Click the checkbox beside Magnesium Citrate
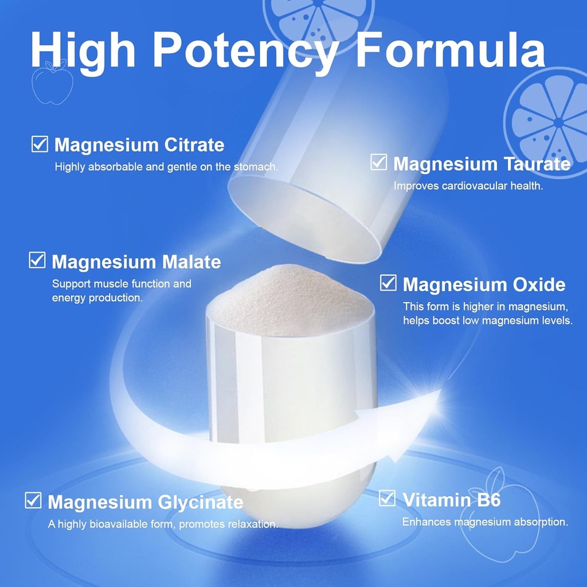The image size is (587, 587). pyautogui.click(x=40, y=144)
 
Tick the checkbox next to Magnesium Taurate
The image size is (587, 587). pyautogui.click(x=378, y=162)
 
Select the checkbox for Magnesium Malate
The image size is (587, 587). pyautogui.click(x=37, y=260)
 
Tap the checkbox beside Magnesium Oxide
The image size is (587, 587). pyautogui.click(x=388, y=283)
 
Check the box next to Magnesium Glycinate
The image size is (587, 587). pyautogui.click(x=33, y=500)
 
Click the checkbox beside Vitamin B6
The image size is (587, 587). pyautogui.click(x=388, y=498)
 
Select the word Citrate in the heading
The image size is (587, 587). pyautogui.click(x=194, y=145)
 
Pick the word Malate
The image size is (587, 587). pyautogui.click(x=191, y=262)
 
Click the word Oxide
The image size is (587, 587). pyautogui.click(x=537, y=285)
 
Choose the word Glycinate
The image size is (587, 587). pyautogui.click(x=200, y=503)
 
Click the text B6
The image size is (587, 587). pyautogui.click(x=487, y=500)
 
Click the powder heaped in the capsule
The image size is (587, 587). pyautogui.click(x=289, y=304)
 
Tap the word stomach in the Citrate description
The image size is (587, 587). pyautogui.click(x=256, y=167)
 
